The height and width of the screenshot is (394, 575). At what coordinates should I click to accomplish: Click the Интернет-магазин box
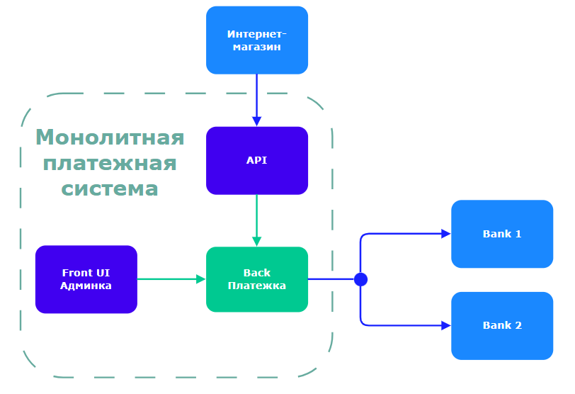tap(256, 40)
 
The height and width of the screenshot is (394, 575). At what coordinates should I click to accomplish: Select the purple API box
tap(256, 160)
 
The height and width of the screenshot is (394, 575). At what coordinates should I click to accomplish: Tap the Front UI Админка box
tap(86, 279)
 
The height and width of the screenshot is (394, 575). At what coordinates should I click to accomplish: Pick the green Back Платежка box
tap(256, 279)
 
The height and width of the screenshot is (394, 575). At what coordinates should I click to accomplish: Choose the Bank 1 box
tap(501, 234)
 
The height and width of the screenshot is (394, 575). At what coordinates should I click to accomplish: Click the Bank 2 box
tap(501, 326)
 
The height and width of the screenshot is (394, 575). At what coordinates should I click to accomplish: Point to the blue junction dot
tap(360, 279)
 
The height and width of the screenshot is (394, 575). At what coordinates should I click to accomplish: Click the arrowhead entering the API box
tap(256, 121)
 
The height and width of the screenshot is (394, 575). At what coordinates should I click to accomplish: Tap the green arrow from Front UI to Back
tap(170, 279)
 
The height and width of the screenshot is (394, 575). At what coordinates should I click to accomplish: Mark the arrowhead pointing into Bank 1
tap(446, 234)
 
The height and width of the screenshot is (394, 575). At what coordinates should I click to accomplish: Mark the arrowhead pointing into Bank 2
tap(446, 326)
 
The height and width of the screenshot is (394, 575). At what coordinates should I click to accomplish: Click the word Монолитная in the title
tap(110, 137)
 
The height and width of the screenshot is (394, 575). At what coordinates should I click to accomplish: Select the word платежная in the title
tap(110, 163)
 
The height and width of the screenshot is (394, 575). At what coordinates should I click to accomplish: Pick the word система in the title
tap(110, 189)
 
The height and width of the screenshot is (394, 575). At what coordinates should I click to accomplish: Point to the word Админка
tap(86, 286)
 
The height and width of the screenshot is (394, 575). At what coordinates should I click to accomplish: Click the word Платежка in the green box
tap(256, 286)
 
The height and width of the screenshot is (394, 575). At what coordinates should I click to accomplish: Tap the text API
tap(256, 160)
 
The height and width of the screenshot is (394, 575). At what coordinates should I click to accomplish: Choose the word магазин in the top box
tap(256, 47)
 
